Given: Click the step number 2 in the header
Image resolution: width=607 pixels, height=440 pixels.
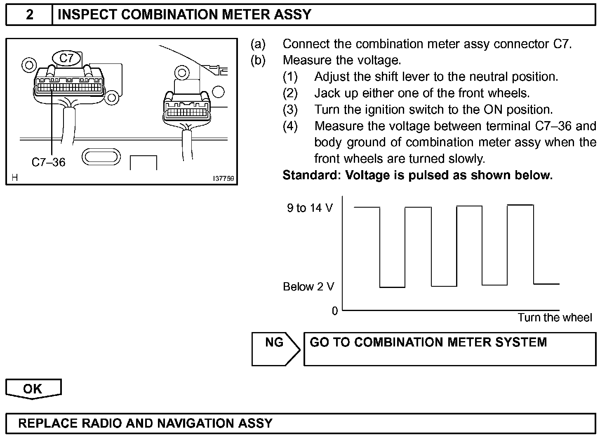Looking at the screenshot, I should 29,15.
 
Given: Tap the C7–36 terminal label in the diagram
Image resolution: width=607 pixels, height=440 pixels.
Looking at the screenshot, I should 48,162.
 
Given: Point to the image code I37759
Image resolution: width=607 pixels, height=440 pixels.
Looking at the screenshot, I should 224,179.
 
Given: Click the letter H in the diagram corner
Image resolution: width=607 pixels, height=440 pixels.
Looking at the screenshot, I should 14,178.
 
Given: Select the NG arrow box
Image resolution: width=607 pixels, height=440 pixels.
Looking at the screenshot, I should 275,349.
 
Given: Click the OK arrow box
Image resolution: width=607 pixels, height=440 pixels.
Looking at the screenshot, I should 33,389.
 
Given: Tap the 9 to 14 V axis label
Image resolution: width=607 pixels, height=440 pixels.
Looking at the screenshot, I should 310,208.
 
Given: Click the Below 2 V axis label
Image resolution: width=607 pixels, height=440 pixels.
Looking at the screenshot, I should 308,287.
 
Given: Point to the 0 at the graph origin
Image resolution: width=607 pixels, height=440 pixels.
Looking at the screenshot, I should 335,311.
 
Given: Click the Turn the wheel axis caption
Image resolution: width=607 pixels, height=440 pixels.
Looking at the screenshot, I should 555,318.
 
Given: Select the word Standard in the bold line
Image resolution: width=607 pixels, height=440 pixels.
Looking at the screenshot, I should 309,176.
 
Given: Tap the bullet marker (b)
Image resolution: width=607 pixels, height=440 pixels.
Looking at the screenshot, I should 258,60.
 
